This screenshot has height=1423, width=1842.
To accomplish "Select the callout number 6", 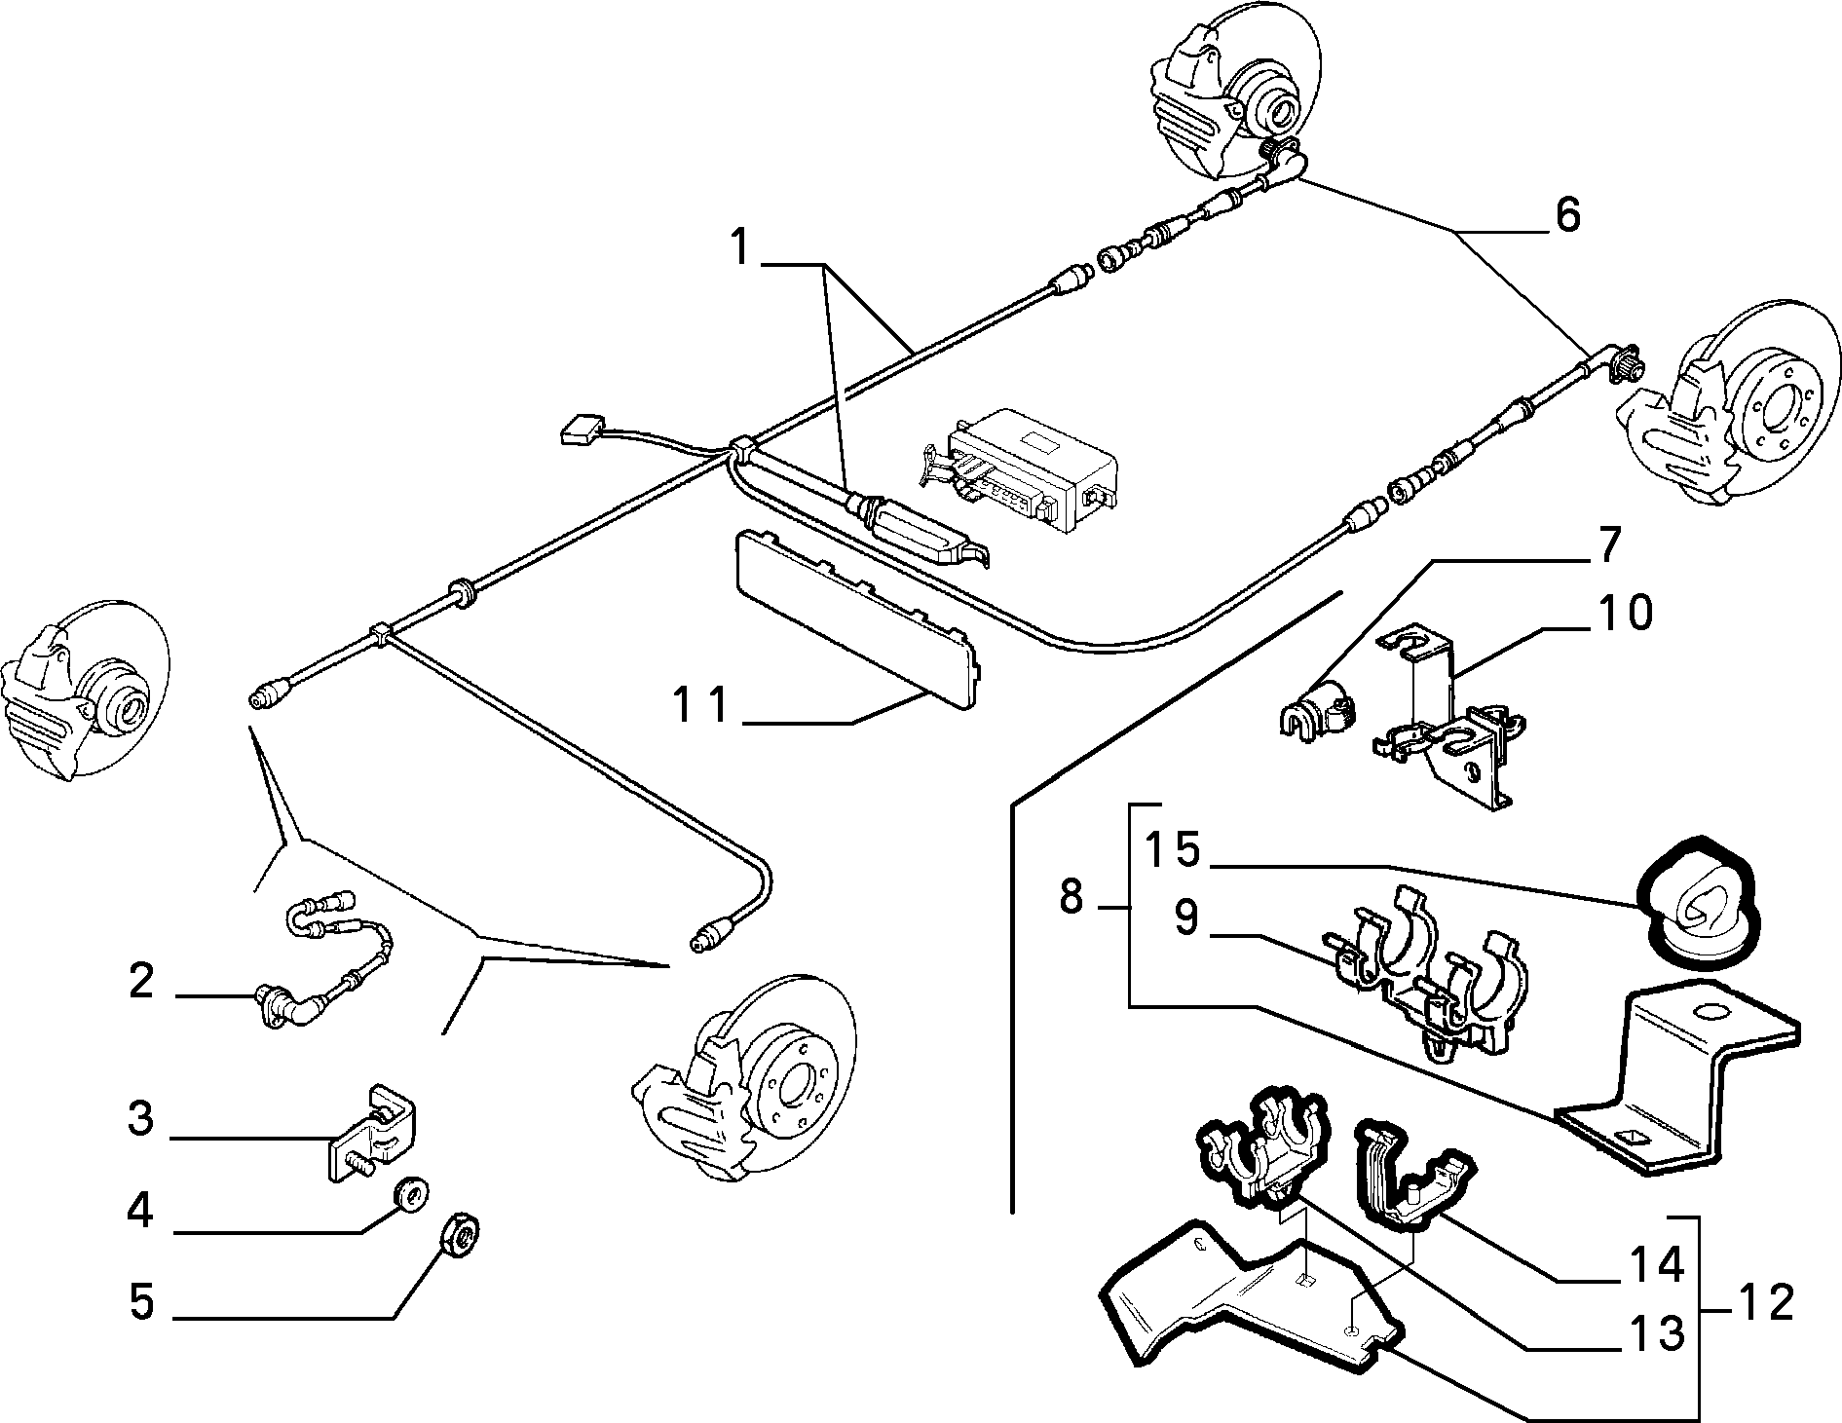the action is (x=1567, y=214).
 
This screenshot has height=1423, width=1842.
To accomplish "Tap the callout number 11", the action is (x=703, y=705).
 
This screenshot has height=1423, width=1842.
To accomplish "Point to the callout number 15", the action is (x=1173, y=848).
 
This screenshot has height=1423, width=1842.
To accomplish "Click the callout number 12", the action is (x=1764, y=1303).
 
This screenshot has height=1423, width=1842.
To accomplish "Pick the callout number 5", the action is (x=142, y=1303).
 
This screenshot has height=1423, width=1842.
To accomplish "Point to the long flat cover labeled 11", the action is (x=857, y=616).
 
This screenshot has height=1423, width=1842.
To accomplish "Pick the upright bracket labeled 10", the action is (x=1447, y=716).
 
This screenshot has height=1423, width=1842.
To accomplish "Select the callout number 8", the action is (x=1071, y=898).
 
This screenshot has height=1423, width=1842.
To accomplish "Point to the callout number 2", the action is (x=142, y=981).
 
